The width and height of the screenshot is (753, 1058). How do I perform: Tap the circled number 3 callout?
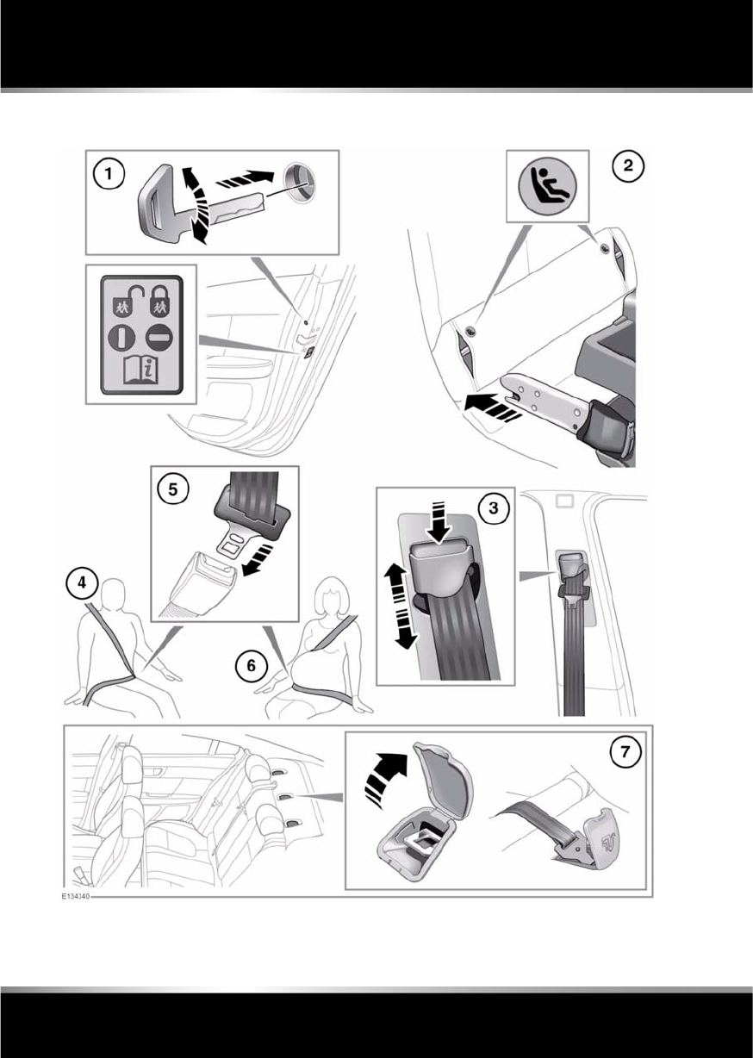[493, 509]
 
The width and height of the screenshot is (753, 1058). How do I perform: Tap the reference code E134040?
[74, 897]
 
